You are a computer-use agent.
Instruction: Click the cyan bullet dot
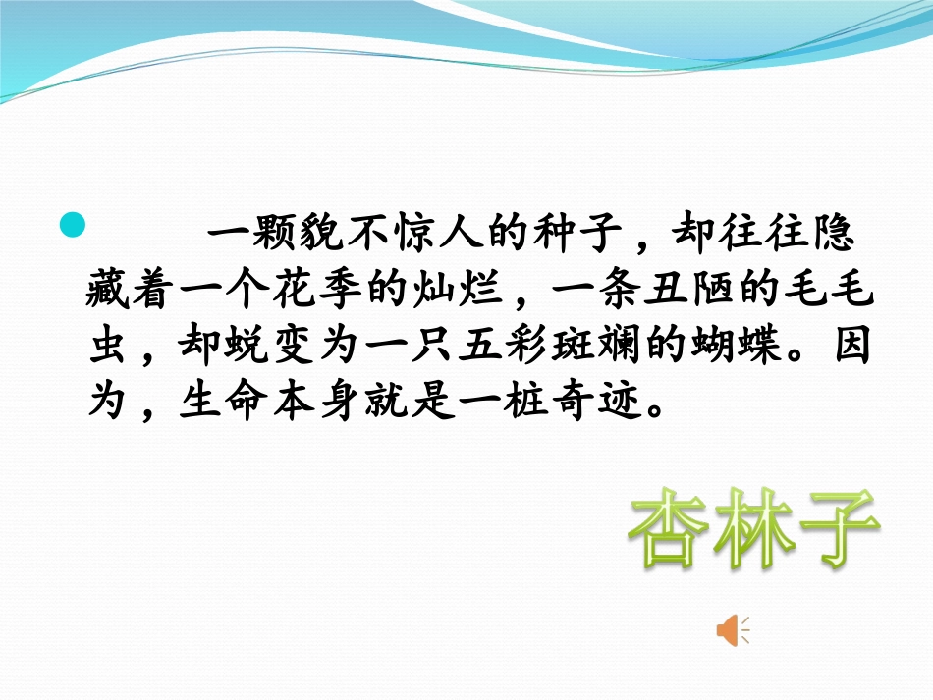click(x=73, y=225)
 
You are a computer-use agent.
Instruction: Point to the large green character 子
click(x=834, y=531)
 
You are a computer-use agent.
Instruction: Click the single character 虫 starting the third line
click(x=109, y=347)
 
